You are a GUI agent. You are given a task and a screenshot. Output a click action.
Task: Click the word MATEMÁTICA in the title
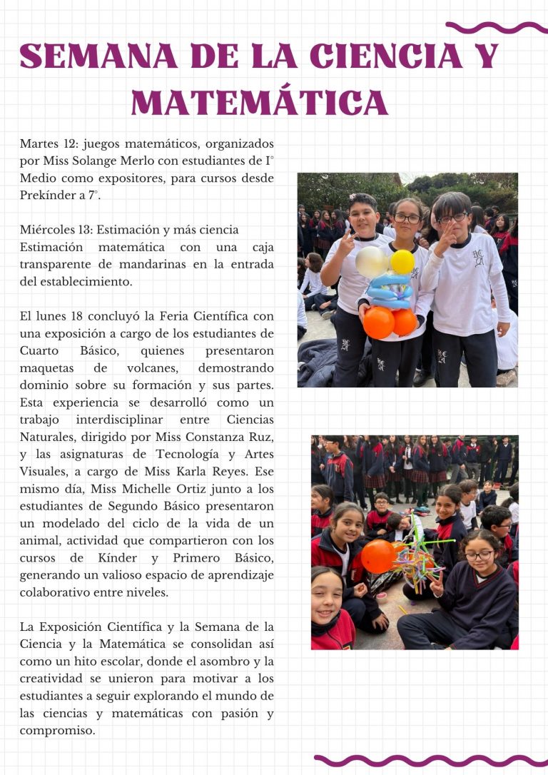(260, 103)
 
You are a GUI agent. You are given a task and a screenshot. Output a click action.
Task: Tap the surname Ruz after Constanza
(261, 437)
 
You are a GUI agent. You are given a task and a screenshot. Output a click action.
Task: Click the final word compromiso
(57, 731)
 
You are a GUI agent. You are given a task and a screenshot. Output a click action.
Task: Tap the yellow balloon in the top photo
(402, 261)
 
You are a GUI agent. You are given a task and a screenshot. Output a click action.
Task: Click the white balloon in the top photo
(372, 263)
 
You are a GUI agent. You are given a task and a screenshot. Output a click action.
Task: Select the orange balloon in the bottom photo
(378, 556)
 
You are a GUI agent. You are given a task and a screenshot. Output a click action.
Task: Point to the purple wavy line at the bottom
(428, 760)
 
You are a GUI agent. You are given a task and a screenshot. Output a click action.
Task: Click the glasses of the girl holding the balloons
(407, 218)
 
